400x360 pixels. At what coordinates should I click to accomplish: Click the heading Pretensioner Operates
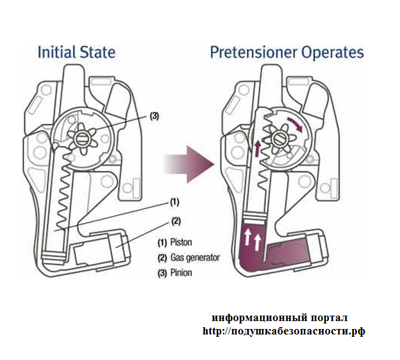pyautogui.click(x=286, y=51)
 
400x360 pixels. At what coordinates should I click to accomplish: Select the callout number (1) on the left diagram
pyautogui.click(x=174, y=202)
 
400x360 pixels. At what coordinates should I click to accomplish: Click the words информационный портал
pyautogui.click(x=280, y=317)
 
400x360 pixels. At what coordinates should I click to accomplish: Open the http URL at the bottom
pyautogui.click(x=283, y=331)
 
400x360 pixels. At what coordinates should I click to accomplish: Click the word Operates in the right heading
pyautogui.click(x=331, y=51)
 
